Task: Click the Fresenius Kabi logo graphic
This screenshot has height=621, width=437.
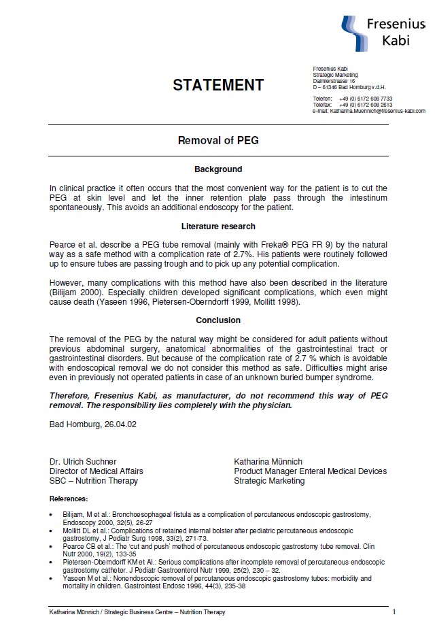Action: (x=355, y=31)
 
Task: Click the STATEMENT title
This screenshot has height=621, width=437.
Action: (x=218, y=85)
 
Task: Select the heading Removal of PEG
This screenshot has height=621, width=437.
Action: (x=218, y=141)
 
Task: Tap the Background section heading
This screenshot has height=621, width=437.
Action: (x=218, y=169)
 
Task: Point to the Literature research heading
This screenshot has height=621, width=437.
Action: (x=218, y=226)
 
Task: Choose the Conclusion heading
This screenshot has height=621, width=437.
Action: (x=218, y=320)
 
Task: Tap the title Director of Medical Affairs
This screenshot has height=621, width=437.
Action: (x=96, y=471)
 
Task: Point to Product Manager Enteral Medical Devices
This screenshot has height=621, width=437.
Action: (x=310, y=471)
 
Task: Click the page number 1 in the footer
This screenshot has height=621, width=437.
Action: (x=394, y=611)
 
